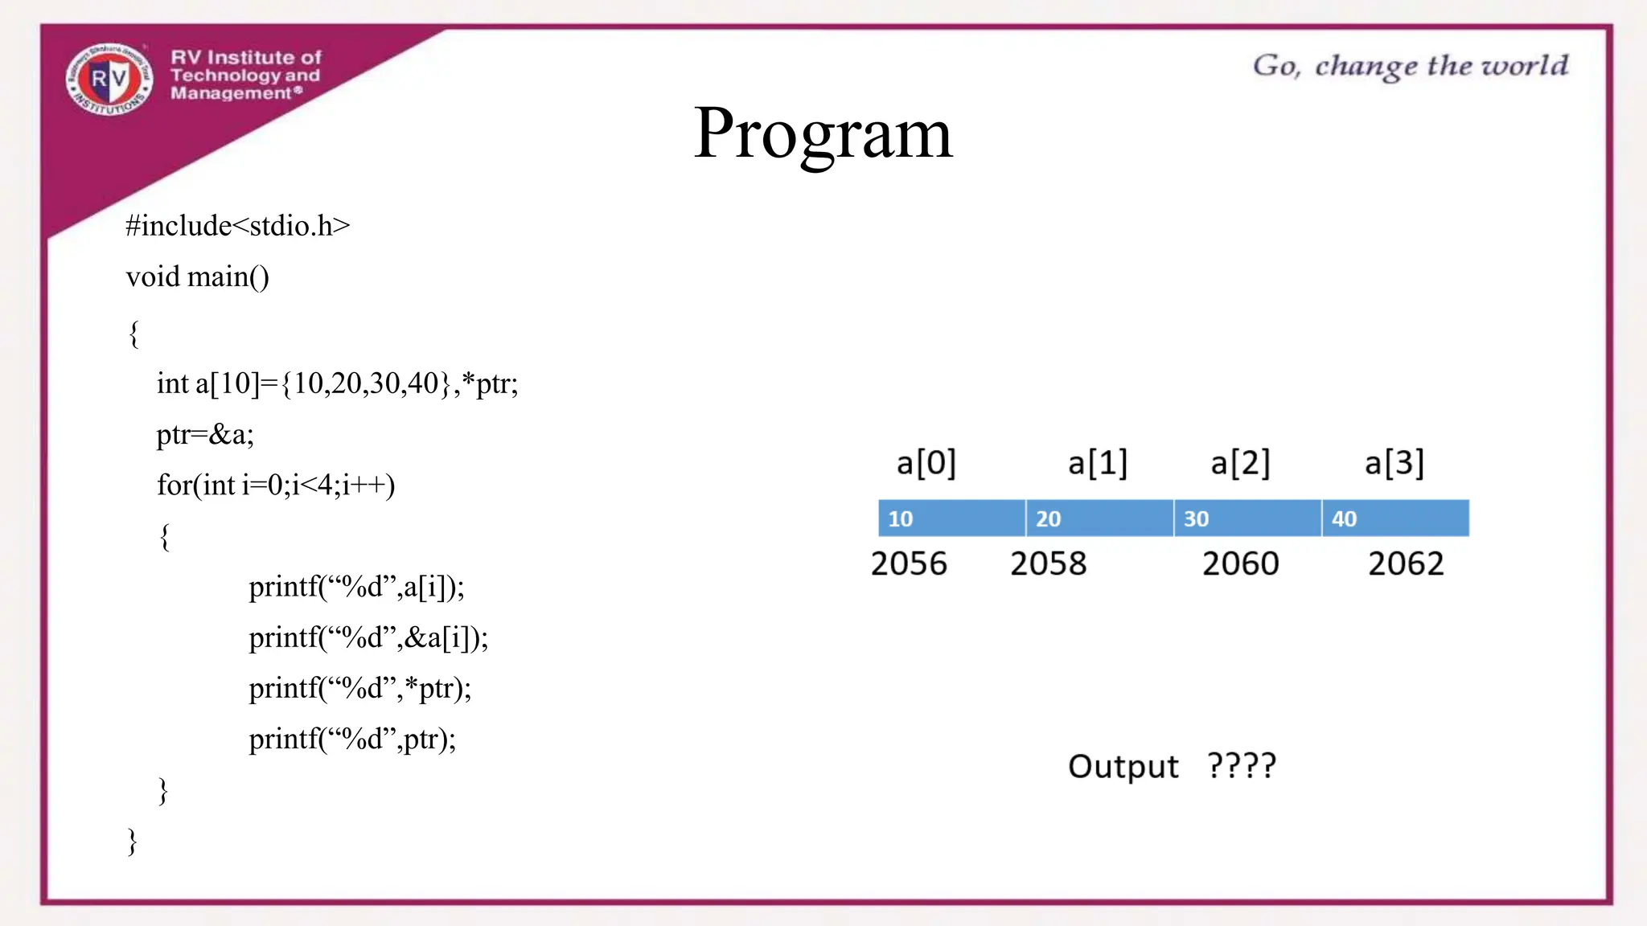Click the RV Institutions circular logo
[109, 79]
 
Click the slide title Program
[823, 133]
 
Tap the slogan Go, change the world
[1410, 66]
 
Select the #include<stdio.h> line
[238, 226]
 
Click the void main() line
[198, 277]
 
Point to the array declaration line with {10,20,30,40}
[337, 383]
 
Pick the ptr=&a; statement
[205, 435]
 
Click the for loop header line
[276, 486]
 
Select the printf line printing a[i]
[356, 587]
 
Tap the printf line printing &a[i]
[368, 638]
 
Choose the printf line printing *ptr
[359, 689]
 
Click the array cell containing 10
[951, 518]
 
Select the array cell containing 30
[1247, 518]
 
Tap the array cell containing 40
[1395, 518]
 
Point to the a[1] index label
[1098, 464]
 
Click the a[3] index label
[1394, 464]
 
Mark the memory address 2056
[909, 564]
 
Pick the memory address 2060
[1240, 564]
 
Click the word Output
[1123, 767]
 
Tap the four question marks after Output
[1242, 765]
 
